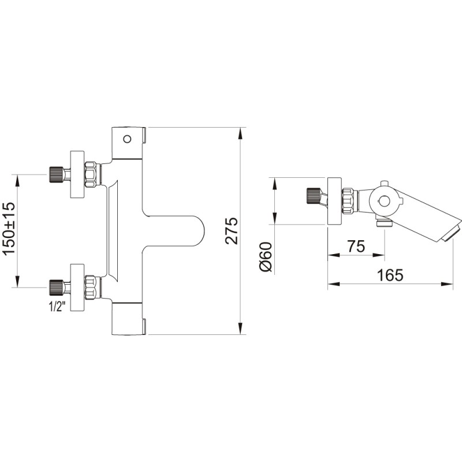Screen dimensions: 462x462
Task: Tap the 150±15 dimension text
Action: (8, 228)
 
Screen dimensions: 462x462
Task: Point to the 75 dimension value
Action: (356, 246)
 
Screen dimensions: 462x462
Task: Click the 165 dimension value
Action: (390, 275)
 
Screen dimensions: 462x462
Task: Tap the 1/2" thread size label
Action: (57, 307)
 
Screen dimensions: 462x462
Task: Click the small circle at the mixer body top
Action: (127, 139)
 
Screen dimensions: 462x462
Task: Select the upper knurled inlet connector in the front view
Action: (56, 174)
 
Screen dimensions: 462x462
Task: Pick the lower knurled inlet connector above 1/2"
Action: (56, 287)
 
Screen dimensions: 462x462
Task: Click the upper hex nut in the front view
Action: (91, 174)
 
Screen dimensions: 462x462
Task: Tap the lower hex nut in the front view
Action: (91, 287)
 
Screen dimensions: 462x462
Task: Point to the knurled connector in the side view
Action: (313, 196)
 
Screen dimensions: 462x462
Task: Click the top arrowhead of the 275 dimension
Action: (241, 133)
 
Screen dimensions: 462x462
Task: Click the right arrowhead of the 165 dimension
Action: (446, 284)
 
